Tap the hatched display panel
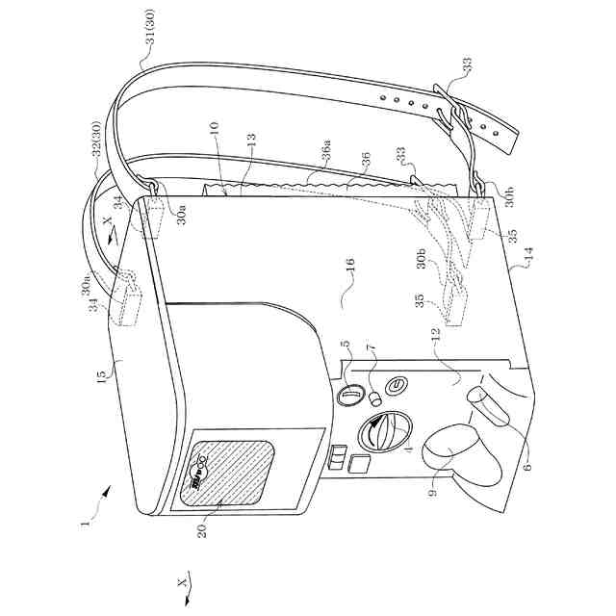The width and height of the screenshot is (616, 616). (227, 473)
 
